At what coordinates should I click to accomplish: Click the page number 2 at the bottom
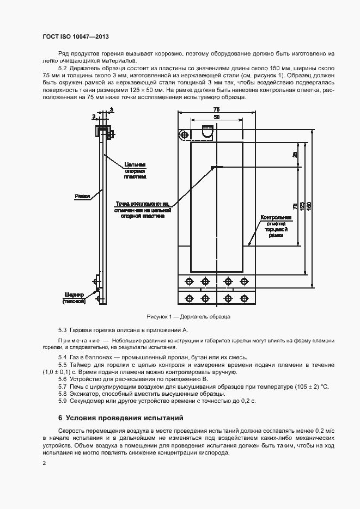click(x=44, y=463)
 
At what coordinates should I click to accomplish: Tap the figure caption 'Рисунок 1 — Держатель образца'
click(x=188, y=316)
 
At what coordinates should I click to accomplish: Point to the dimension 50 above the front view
click(x=217, y=117)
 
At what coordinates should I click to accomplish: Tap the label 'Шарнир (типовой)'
click(x=73, y=298)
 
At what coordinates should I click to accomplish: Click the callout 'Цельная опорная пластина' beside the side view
click(x=135, y=170)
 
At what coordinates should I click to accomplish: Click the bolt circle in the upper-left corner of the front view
click(x=186, y=135)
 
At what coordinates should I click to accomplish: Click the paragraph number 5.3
click(x=62, y=330)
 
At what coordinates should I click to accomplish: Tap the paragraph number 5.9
click(x=62, y=401)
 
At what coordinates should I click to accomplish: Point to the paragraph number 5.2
click(x=62, y=68)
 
